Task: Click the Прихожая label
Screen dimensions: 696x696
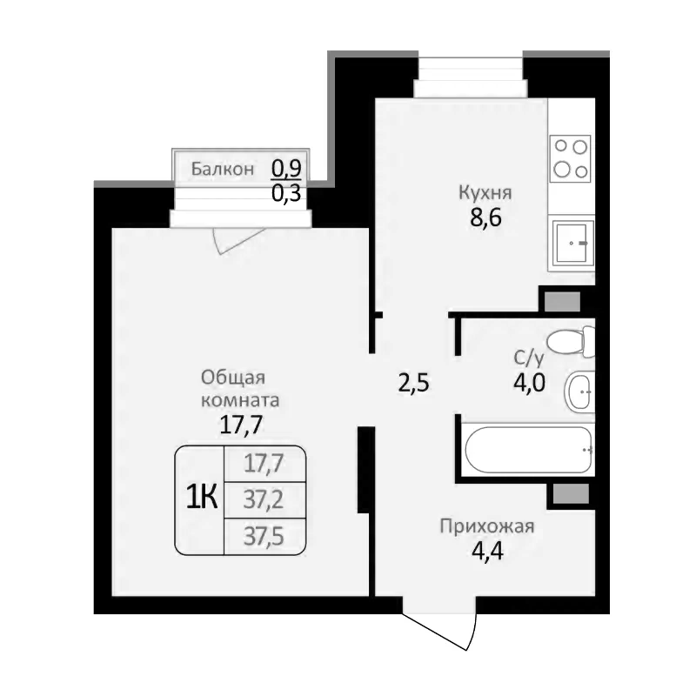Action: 485,525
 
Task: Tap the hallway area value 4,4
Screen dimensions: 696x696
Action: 485,551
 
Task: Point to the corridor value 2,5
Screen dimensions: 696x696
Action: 414,381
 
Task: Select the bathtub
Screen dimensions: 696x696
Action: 527,450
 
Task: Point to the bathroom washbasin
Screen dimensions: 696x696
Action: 579,392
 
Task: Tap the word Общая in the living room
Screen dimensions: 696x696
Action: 232,378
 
